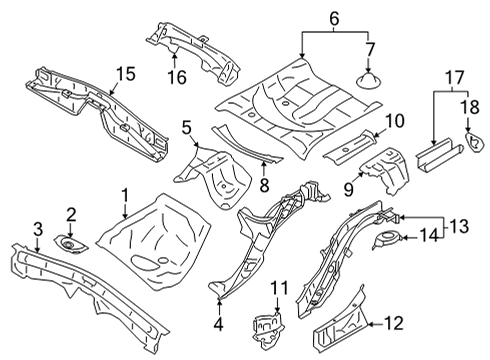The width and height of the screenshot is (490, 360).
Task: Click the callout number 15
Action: click(126, 74)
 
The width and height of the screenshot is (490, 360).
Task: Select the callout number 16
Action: click(177, 77)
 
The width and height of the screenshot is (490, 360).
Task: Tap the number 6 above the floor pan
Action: click(334, 19)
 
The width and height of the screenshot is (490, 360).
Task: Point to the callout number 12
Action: click(394, 323)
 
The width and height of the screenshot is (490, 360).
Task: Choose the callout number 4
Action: click(218, 324)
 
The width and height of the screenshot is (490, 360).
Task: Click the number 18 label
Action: click(470, 107)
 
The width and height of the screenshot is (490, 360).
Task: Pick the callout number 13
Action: click(459, 226)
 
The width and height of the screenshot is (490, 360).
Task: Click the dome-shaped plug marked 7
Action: click(368, 81)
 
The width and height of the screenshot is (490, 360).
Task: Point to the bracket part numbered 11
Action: click(268, 328)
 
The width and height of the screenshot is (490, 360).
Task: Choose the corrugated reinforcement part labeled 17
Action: click(438, 154)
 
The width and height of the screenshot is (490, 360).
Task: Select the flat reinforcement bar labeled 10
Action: click(350, 147)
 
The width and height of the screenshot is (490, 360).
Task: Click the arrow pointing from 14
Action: click(409, 238)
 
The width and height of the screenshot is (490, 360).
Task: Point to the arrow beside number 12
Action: click(375, 323)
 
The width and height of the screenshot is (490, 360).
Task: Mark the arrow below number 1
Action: click(125, 210)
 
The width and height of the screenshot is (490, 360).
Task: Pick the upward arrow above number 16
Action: click(175, 60)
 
